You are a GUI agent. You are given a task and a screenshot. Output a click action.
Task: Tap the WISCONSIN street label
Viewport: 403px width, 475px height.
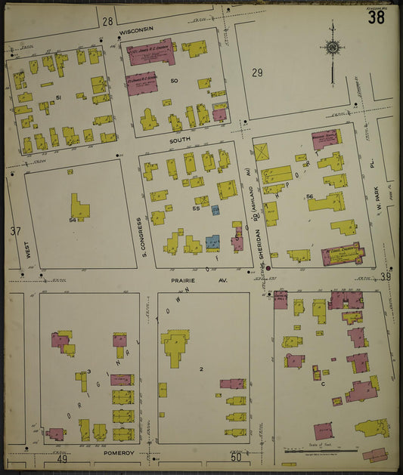[136, 29]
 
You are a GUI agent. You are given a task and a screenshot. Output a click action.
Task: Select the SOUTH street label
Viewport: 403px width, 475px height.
[180, 140]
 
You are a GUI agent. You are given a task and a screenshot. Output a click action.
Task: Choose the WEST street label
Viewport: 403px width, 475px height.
[28, 250]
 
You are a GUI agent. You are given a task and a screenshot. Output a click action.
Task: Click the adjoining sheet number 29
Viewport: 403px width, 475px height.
[257, 72]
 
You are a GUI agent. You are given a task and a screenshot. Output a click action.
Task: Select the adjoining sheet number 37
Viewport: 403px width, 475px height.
[14, 231]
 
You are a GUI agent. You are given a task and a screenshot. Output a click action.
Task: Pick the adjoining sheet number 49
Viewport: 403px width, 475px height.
[61, 458]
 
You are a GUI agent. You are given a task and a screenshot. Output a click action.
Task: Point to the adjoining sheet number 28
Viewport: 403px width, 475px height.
[107, 21]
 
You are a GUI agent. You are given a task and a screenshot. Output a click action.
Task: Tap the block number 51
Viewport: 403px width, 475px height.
[58, 97]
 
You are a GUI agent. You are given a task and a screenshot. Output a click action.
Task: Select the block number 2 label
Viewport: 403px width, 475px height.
[201, 369]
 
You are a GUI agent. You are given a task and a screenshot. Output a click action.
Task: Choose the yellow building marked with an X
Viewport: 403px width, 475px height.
[262, 152]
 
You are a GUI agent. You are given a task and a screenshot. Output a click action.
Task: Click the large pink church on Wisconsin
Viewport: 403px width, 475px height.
[151, 51]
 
